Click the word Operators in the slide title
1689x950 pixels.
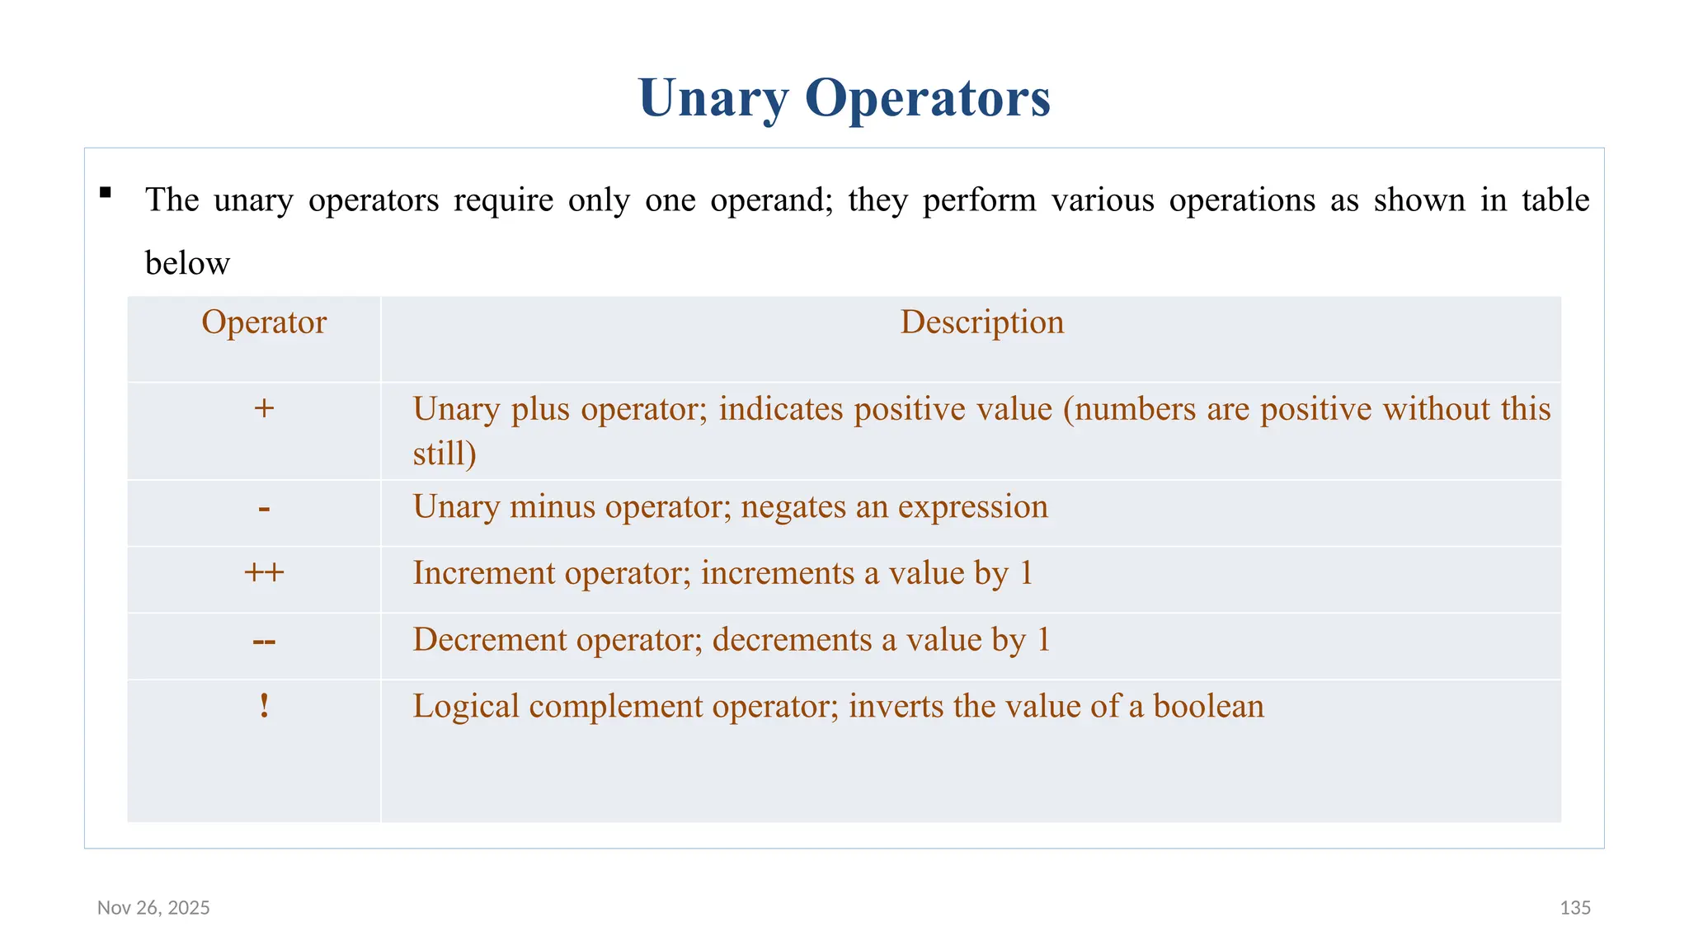coord(928,98)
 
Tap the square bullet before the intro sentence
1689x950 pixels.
coord(106,193)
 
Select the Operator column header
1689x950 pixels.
coord(264,322)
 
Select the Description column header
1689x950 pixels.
coord(981,322)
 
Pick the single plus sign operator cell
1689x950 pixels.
coord(264,408)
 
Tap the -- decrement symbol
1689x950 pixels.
coord(264,641)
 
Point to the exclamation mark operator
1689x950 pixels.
coord(264,706)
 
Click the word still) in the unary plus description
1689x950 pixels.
coord(445,454)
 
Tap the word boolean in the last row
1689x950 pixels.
coord(1208,707)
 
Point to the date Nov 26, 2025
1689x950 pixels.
coord(153,908)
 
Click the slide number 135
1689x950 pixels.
coord(1575,908)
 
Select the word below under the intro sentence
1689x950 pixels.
coord(187,264)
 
